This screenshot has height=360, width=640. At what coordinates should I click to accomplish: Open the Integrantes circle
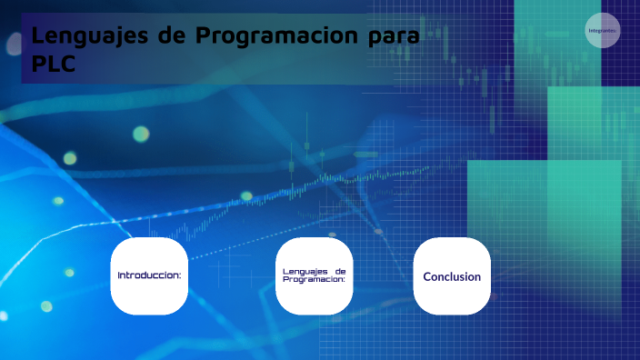point(603,31)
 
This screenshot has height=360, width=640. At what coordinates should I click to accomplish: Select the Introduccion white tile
point(149,275)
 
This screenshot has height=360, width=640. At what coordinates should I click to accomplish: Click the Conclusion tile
point(452,275)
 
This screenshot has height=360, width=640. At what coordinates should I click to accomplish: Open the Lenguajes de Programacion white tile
point(314,275)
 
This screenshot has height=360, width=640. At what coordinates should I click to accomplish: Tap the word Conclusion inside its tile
point(452,276)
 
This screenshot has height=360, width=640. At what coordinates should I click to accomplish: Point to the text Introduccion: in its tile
point(149,275)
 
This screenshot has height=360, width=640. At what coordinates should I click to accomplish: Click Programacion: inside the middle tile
point(314,280)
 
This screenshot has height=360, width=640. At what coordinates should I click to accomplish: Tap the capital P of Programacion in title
point(205,37)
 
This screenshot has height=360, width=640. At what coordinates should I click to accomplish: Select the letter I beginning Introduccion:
point(119,275)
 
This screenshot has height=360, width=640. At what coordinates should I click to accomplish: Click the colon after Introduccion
point(180,275)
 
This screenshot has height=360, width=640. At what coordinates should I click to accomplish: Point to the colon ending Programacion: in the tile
point(345,281)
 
